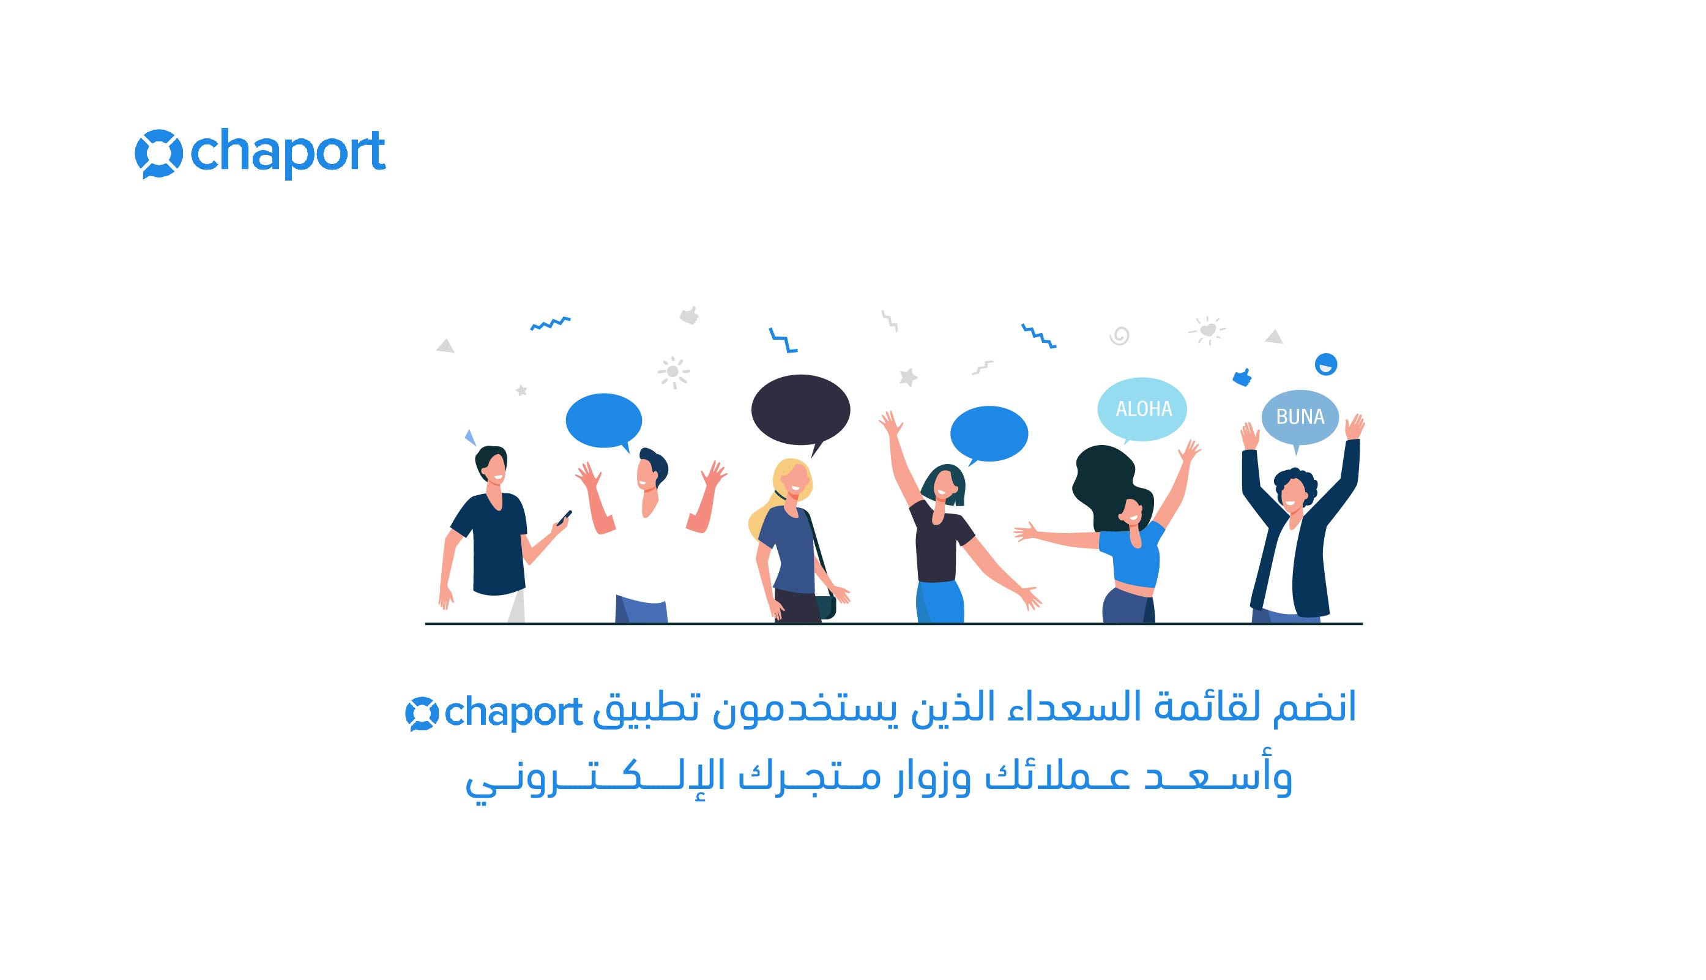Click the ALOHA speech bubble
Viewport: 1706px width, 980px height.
click(x=1142, y=410)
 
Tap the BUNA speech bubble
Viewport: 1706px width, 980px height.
click(x=1300, y=417)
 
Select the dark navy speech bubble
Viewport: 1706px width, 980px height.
click(x=800, y=411)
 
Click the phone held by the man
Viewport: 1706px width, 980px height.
click(x=564, y=518)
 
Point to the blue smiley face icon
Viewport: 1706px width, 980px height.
click(x=1326, y=365)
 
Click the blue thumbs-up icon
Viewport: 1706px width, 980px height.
click(x=1242, y=378)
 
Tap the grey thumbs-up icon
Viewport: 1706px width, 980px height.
click(x=689, y=315)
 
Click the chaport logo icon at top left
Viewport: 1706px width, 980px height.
click(x=158, y=154)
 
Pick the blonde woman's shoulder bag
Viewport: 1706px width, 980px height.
click(x=827, y=606)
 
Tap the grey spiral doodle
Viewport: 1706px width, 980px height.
click(x=1119, y=335)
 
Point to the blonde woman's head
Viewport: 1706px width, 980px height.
click(x=792, y=479)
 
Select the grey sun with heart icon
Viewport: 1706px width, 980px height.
click(x=1207, y=331)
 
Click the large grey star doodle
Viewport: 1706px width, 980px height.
click(x=908, y=377)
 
